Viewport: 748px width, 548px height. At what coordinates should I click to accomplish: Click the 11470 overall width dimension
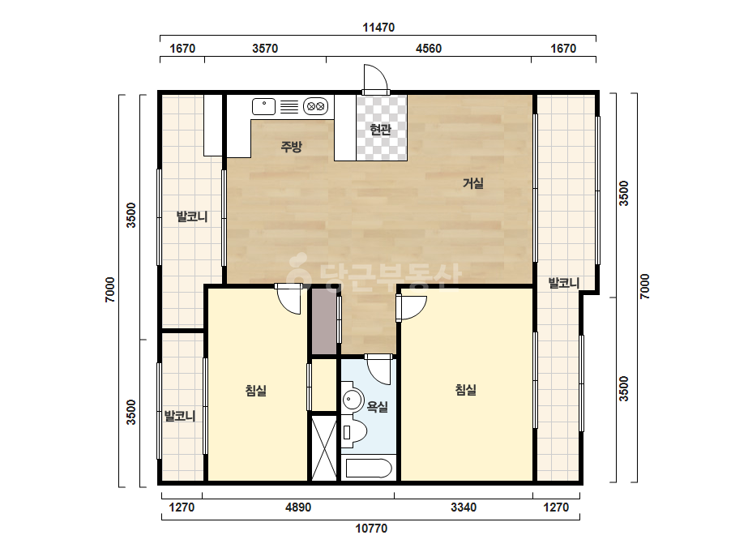pyautogui.click(x=378, y=28)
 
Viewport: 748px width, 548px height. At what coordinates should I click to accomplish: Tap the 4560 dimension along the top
pyautogui.click(x=429, y=49)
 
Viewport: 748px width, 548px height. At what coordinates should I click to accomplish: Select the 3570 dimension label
pyautogui.click(x=265, y=49)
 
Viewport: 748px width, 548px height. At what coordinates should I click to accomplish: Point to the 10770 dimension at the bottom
pyautogui.click(x=371, y=529)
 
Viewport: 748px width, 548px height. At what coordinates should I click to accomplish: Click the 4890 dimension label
pyautogui.click(x=298, y=507)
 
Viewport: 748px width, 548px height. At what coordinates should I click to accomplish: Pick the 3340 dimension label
pyautogui.click(x=464, y=507)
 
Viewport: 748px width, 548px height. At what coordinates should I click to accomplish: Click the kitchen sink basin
pyautogui.click(x=264, y=106)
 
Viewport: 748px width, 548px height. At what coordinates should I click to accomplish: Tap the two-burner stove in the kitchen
pyautogui.click(x=316, y=106)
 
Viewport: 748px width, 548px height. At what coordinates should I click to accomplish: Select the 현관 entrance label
pyautogui.click(x=381, y=129)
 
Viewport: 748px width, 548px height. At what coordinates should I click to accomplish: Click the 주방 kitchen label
pyautogui.click(x=291, y=146)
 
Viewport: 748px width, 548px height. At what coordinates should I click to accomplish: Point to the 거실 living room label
pyautogui.click(x=473, y=183)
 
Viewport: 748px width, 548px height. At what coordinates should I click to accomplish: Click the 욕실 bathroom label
pyautogui.click(x=377, y=407)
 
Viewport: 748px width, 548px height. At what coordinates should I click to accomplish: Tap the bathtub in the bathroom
pyautogui.click(x=369, y=469)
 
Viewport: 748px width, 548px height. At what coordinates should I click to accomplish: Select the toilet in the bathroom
pyautogui.click(x=353, y=432)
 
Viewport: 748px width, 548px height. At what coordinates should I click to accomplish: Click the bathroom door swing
pyautogui.click(x=379, y=369)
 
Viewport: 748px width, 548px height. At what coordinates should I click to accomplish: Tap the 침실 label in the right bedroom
pyautogui.click(x=466, y=390)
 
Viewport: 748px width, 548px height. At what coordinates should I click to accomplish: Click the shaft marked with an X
pyautogui.click(x=324, y=447)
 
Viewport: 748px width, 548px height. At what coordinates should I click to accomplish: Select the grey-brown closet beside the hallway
pyautogui.click(x=324, y=321)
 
